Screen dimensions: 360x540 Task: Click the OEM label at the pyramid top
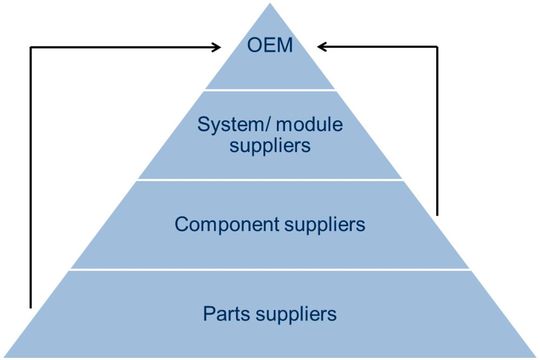(270, 46)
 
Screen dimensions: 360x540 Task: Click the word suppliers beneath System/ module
(270, 146)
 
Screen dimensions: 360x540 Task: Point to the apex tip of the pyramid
(270, 4)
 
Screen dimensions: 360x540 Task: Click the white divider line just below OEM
(270, 89)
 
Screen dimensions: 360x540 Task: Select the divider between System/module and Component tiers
(270, 180)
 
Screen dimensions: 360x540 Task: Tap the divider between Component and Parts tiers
(270, 268)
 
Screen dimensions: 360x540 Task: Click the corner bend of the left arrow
(31, 46)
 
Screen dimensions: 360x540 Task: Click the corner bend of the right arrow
(438, 46)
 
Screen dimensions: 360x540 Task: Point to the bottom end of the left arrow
(31, 307)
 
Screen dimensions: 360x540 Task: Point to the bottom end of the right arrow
(438, 215)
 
